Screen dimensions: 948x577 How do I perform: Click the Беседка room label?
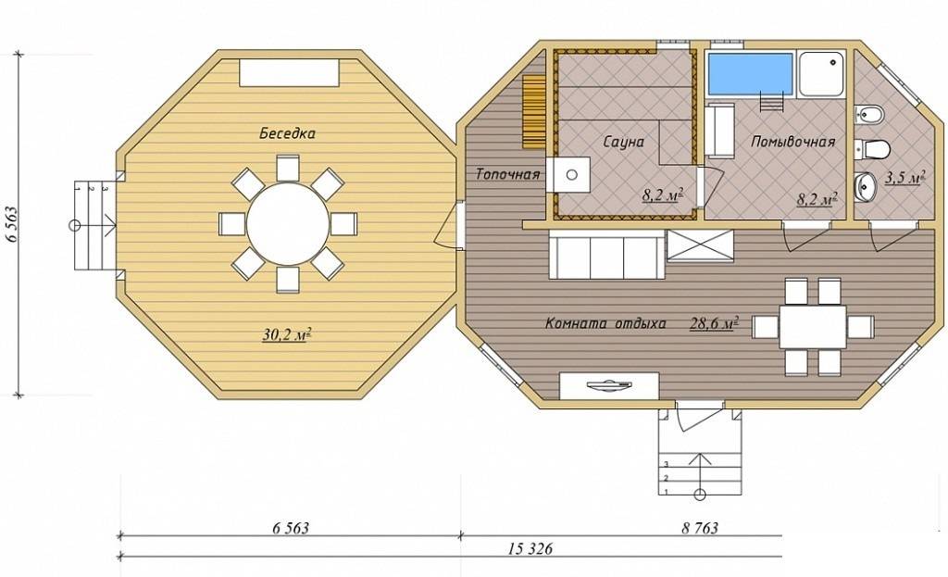click(287, 133)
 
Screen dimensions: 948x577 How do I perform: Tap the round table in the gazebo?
click(288, 224)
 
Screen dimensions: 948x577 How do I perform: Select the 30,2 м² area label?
click(287, 334)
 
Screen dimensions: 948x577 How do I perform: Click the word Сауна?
click(623, 142)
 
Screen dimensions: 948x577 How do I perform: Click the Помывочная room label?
click(792, 142)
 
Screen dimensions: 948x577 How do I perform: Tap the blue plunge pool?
click(750, 74)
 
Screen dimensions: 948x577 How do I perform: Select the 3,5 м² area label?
click(905, 177)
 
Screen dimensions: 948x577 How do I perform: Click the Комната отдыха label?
click(605, 323)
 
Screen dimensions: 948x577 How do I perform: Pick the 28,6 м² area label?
click(714, 323)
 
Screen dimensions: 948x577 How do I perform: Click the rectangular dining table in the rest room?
click(813, 327)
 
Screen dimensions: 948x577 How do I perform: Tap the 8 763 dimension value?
click(700, 528)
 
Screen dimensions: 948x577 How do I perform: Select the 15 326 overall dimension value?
click(530, 548)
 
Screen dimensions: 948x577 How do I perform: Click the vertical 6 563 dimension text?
click(12, 224)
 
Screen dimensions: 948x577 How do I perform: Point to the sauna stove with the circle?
click(568, 175)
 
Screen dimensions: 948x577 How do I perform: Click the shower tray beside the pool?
click(821, 74)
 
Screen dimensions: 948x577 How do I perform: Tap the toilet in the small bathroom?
click(872, 148)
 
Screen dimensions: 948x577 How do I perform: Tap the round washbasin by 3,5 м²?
click(866, 185)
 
